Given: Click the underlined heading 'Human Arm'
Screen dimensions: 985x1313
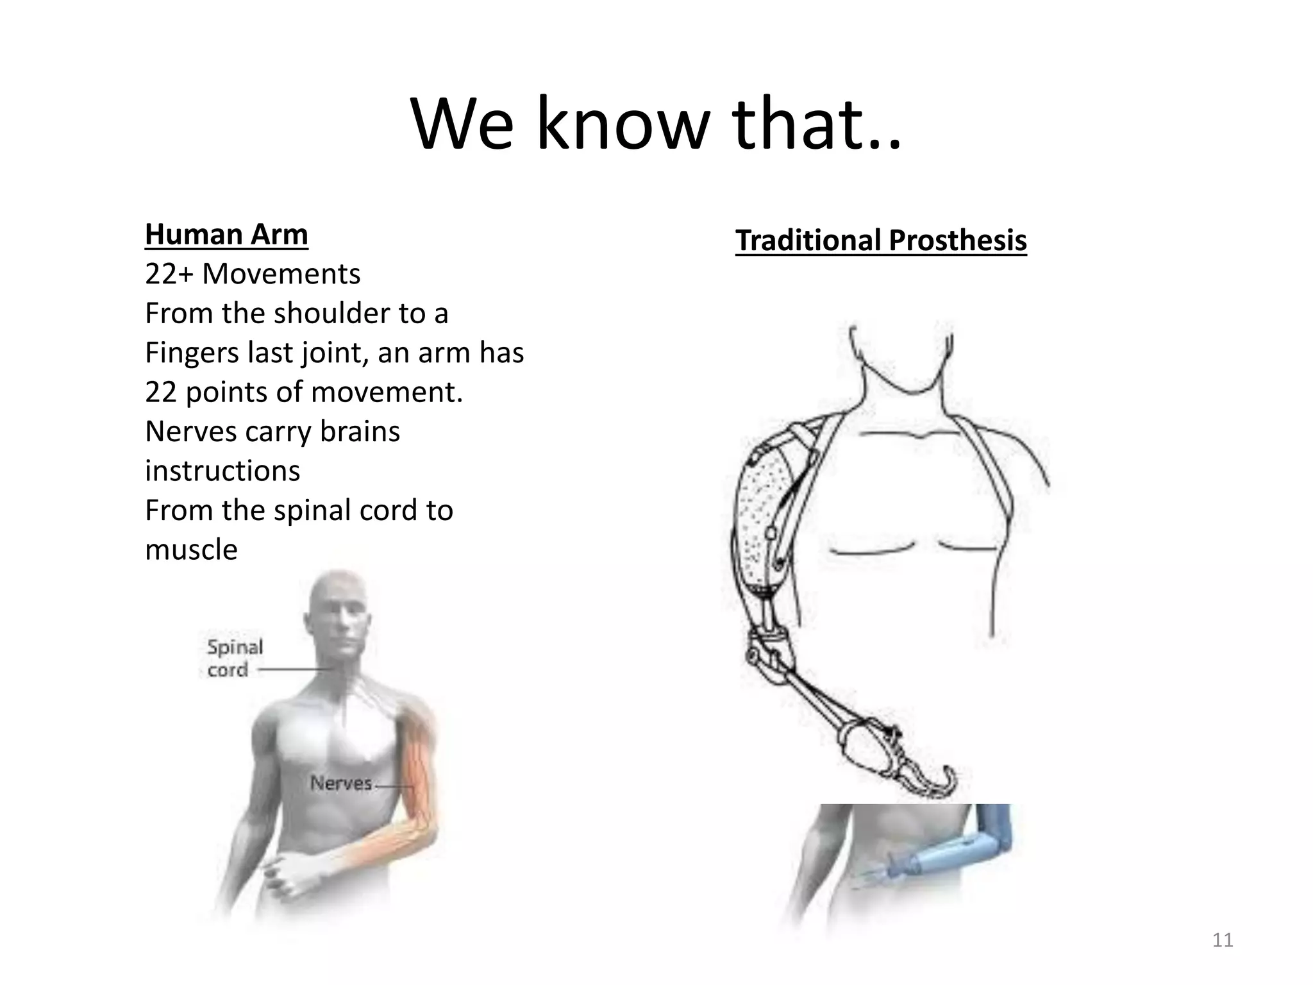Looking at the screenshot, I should click(x=226, y=235).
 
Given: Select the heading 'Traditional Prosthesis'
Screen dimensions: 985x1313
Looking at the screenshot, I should click(x=881, y=241).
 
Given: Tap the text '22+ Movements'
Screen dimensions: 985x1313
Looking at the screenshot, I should click(x=253, y=274).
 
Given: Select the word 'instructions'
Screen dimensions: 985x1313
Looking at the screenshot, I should click(x=222, y=471).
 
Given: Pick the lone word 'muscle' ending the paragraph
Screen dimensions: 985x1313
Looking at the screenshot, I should click(x=191, y=550).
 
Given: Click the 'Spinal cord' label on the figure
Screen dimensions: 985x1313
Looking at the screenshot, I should click(x=235, y=658).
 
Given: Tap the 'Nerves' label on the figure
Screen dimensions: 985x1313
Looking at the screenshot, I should click(x=341, y=783).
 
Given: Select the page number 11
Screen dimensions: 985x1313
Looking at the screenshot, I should click(x=1223, y=941).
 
